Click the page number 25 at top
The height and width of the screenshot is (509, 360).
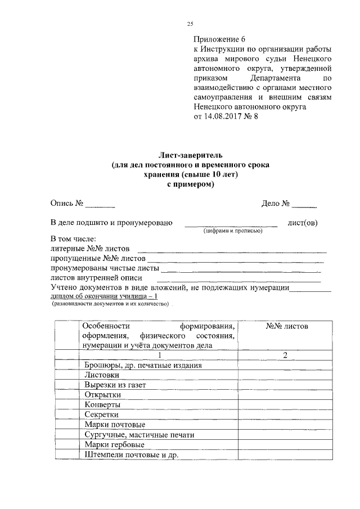tap(190, 23)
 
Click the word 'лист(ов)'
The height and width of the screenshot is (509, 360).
tap(302, 223)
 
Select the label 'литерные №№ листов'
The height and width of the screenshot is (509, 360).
tap(90, 248)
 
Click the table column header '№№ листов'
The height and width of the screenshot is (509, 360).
tap(286, 326)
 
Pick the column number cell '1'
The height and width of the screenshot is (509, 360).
tap(159, 355)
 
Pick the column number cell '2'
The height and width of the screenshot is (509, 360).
tap(285, 355)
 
